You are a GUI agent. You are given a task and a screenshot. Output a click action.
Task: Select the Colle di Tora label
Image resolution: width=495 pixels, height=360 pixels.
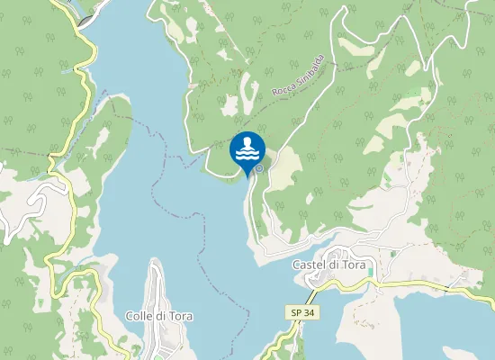(160, 317)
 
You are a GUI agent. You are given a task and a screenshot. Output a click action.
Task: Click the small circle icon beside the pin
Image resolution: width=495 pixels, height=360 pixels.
(259, 167)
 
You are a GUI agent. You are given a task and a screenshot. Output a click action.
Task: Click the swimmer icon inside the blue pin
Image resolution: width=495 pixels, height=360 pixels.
(247, 143)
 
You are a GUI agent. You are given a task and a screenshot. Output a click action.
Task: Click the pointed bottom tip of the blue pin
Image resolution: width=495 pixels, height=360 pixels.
(247, 175)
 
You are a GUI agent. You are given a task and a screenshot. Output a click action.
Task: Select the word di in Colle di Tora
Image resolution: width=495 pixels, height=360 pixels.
(164, 317)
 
